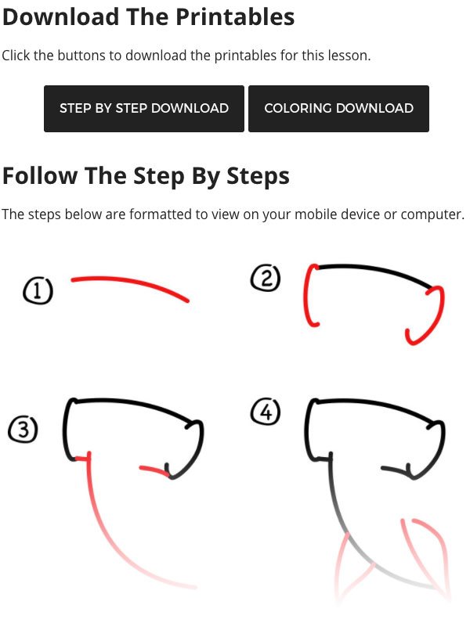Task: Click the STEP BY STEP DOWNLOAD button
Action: click(144, 109)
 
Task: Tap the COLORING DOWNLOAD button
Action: click(338, 109)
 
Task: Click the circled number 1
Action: click(38, 292)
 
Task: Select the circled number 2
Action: click(266, 279)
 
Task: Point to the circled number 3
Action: click(23, 430)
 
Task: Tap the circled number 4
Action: click(266, 412)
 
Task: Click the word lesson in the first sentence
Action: click(345, 56)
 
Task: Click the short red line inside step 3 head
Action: click(152, 470)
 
